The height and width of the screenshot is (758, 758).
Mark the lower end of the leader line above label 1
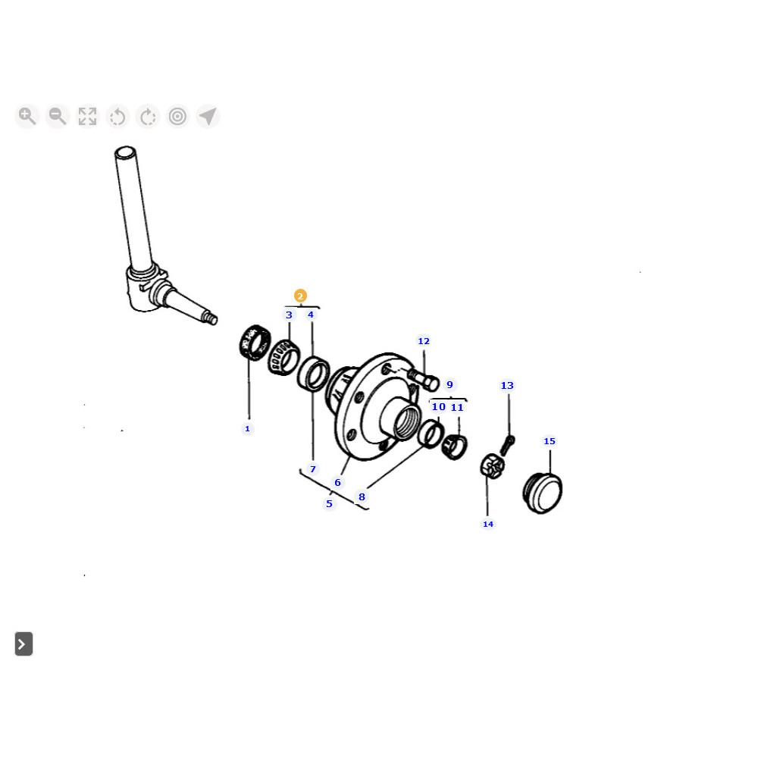pyautogui.click(x=249, y=418)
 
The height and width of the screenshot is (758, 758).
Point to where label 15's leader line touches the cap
pyautogui.click(x=550, y=474)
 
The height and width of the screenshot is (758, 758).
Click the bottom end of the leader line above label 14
pyautogui.click(x=487, y=515)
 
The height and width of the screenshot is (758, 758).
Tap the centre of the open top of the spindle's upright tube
pyautogui.click(x=125, y=152)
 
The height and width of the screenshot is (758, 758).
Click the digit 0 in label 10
pyautogui.click(x=442, y=407)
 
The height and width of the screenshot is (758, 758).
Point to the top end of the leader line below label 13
pyautogui.click(x=509, y=394)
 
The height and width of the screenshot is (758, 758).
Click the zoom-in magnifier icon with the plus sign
pyautogui.click(x=27, y=117)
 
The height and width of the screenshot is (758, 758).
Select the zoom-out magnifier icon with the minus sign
pyautogui.click(x=58, y=117)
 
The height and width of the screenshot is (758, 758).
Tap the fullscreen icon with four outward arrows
pyautogui.click(x=87, y=117)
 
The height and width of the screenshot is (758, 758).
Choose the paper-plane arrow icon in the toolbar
pyautogui.click(x=208, y=117)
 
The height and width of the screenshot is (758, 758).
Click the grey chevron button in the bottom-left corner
pyautogui.click(x=23, y=644)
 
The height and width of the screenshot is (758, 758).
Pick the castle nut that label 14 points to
pyautogui.click(x=492, y=466)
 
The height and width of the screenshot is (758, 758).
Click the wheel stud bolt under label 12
pyautogui.click(x=424, y=380)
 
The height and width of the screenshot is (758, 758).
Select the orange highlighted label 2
pyautogui.click(x=300, y=296)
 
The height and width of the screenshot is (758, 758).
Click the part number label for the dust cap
pyautogui.click(x=550, y=441)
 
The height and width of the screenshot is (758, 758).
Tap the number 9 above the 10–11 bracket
pyautogui.click(x=450, y=385)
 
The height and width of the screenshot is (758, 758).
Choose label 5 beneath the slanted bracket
pyautogui.click(x=329, y=504)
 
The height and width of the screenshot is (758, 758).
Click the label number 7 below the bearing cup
pyautogui.click(x=313, y=469)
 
